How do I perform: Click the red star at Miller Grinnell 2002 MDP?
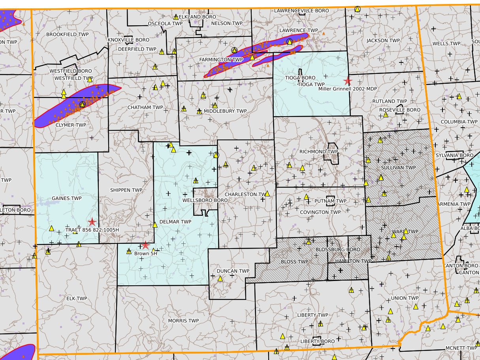(348, 81)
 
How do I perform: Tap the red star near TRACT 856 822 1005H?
(92, 222)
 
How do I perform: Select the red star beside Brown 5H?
(145, 245)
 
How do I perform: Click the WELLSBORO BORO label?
(205, 200)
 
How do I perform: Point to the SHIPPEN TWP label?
(126, 190)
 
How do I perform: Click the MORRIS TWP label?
(183, 320)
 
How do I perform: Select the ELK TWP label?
(77, 298)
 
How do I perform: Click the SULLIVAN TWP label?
(399, 168)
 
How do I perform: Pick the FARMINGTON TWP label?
(221, 60)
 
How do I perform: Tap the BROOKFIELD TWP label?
(68, 34)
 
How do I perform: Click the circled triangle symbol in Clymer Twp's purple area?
(82, 104)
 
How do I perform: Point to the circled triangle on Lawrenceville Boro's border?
(357, 9)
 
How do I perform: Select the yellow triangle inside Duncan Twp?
(220, 279)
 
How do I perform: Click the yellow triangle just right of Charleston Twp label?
(267, 194)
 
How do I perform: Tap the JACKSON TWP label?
(383, 41)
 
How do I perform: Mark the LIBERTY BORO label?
(317, 341)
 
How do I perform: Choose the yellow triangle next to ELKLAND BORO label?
(176, 17)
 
